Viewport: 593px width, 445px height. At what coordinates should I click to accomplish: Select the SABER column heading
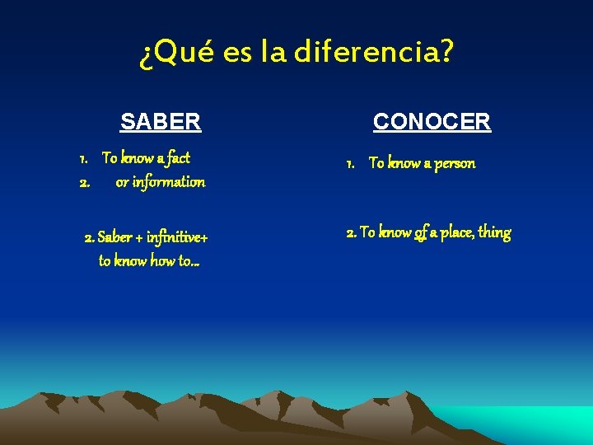[161, 122]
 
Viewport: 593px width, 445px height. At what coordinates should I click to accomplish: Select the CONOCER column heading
[432, 122]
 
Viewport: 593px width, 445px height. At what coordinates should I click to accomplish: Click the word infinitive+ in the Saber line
[177, 238]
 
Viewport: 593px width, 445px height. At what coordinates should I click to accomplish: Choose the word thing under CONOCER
[494, 233]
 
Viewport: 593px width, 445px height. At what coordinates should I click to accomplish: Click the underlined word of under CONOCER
[420, 233]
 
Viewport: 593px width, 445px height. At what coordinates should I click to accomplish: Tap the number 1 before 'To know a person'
[350, 163]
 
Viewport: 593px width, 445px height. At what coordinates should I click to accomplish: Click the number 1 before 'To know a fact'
[83, 157]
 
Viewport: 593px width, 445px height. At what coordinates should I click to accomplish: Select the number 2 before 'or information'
[83, 181]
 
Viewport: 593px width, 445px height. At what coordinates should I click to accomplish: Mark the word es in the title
[237, 54]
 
